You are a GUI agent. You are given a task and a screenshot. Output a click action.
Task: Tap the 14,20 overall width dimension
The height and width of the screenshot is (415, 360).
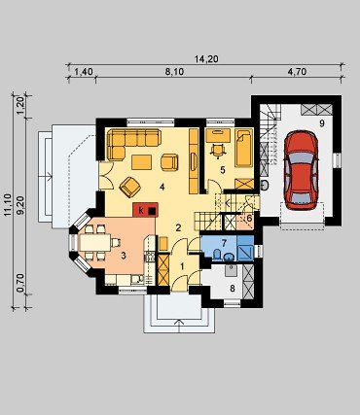point(206,59)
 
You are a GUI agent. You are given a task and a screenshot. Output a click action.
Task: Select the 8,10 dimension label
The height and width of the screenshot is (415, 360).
point(174,72)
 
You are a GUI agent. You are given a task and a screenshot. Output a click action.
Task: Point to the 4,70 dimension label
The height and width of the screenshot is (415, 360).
point(297,72)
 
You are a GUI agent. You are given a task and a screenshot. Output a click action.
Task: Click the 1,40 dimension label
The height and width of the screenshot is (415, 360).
point(84,72)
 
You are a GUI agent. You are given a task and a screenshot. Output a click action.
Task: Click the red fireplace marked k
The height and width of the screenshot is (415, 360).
point(145,210)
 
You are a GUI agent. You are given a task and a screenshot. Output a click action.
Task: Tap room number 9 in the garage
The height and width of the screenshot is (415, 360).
point(322,123)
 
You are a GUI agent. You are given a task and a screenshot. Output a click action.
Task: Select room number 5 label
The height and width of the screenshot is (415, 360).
point(223,170)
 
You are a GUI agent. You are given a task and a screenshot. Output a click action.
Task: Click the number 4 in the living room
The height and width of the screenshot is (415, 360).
point(162,187)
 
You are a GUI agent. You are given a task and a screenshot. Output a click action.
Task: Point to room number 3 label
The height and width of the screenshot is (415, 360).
point(124,256)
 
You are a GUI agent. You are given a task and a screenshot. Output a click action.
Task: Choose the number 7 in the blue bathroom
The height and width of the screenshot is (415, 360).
point(224,242)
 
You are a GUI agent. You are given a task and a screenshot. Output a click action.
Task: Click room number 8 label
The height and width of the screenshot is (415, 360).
point(233,288)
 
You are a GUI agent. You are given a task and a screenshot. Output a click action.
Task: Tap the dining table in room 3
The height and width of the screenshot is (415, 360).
point(95,242)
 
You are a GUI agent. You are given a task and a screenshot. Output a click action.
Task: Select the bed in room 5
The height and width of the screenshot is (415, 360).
point(244,148)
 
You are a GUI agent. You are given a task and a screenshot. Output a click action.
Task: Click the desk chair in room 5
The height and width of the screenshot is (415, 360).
point(218,150)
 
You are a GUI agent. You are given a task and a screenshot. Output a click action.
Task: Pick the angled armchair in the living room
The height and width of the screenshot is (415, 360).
point(129,187)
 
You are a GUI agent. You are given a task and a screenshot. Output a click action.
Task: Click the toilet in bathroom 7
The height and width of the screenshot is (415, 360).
point(217,255)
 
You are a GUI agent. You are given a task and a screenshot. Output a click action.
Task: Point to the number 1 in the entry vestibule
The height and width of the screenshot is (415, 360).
point(182,266)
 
